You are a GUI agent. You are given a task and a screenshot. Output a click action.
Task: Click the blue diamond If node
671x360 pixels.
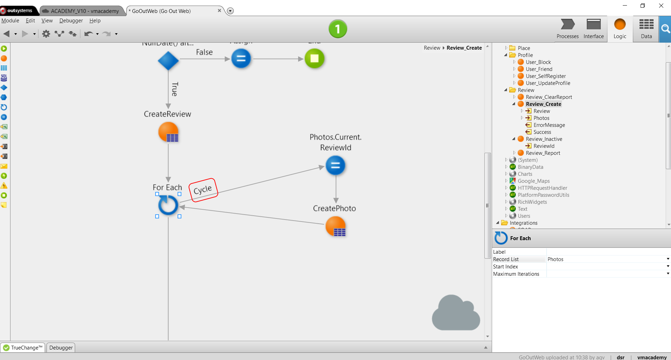coord(168,60)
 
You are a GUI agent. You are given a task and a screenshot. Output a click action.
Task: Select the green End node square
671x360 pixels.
coord(315,58)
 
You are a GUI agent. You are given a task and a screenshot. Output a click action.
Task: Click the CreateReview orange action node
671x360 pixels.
coord(168,132)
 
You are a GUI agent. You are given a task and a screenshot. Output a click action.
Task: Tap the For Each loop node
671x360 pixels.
coord(168,205)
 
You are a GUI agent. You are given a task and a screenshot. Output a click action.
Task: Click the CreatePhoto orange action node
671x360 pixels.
coord(335,226)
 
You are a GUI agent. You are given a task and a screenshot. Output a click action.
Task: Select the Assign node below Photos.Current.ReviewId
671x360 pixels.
coord(335,165)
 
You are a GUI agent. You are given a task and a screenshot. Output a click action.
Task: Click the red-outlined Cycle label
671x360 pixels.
coord(203,190)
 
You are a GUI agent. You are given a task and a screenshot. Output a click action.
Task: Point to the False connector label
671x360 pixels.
coord(204,52)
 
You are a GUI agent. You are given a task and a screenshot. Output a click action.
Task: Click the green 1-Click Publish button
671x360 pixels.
coord(338,29)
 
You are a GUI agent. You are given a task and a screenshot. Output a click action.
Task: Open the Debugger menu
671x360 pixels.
coord(71,21)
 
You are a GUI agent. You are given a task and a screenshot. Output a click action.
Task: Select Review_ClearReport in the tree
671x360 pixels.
coord(549,97)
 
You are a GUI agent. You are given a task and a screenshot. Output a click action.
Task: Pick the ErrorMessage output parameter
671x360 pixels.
coord(549,125)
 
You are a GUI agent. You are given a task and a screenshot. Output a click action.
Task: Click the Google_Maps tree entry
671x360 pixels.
coord(534,181)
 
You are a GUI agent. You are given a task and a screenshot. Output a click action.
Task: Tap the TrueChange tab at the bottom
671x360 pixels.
coord(23,348)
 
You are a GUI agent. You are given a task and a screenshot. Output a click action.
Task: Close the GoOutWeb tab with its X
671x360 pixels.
coord(219,10)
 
